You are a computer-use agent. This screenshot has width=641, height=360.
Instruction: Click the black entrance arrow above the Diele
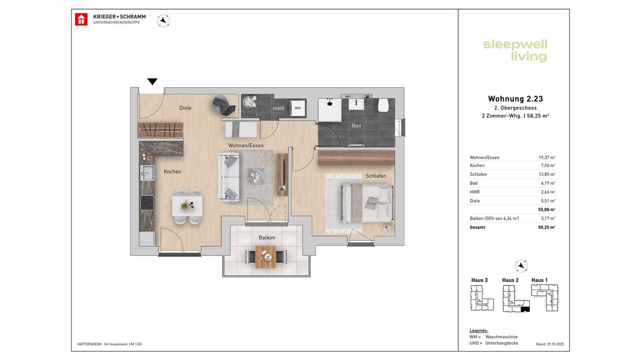(152, 82)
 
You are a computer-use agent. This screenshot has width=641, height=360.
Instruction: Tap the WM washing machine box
(297, 108)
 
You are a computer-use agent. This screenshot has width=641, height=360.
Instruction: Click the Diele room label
(185, 108)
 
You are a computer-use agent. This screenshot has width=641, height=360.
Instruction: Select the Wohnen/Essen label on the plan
(246, 145)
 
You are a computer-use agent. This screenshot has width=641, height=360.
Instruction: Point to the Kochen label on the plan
(173, 172)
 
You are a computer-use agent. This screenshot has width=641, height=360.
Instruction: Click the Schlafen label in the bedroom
(376, 176)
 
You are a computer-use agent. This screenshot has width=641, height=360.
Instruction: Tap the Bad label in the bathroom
(356, 126)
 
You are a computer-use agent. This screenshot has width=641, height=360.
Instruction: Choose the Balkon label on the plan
(267, 237)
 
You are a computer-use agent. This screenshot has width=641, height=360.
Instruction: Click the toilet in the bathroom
(383, 106)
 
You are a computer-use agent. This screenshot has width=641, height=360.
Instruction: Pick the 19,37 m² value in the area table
(547, 157)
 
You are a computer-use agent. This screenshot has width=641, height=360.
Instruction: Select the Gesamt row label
(478, 227)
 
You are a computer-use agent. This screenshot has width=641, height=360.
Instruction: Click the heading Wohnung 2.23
(515, 99)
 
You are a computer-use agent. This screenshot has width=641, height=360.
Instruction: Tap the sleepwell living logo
(515, 50)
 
